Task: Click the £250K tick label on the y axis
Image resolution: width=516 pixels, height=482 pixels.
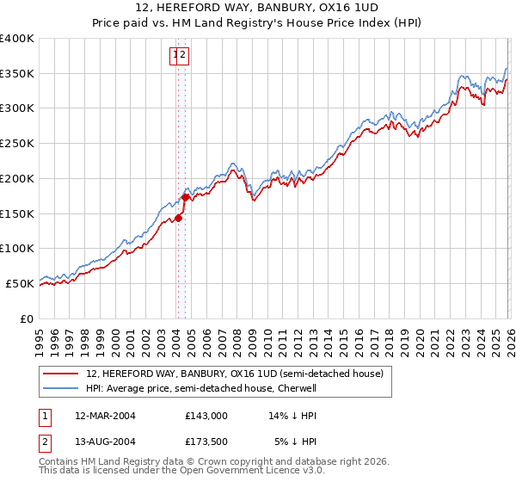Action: tap(17, 143)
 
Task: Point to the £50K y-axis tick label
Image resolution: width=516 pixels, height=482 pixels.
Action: tap(20, 283)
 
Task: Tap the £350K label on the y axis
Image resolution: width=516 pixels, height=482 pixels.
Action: tap(17, 73)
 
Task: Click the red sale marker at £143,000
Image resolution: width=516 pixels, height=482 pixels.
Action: tap(179, 218)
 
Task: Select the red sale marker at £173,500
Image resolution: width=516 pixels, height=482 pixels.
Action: tap(185, 197)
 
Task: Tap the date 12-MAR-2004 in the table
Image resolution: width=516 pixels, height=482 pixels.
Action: tap(105, 415)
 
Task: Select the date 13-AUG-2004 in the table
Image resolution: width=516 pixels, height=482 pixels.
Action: tap(105, 442)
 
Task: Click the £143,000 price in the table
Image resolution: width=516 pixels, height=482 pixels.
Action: tap(206, 415)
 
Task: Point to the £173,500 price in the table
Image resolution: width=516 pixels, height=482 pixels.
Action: tap(206, 442)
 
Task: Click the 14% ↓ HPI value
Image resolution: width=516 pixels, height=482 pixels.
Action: tap(293, 415)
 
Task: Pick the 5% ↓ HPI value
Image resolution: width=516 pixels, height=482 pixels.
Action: tap(296, 442)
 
